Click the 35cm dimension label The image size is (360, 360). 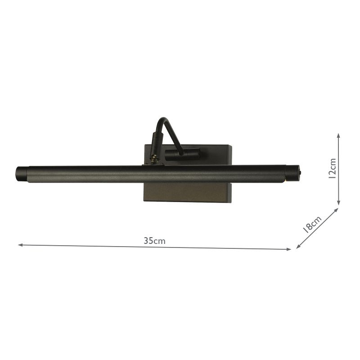click(x=155, y=241)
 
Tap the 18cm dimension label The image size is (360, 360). click(x=312, y=224)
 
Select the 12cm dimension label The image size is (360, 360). click(x=332, y=168)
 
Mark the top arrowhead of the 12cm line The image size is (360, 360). click(x=339, y=135)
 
